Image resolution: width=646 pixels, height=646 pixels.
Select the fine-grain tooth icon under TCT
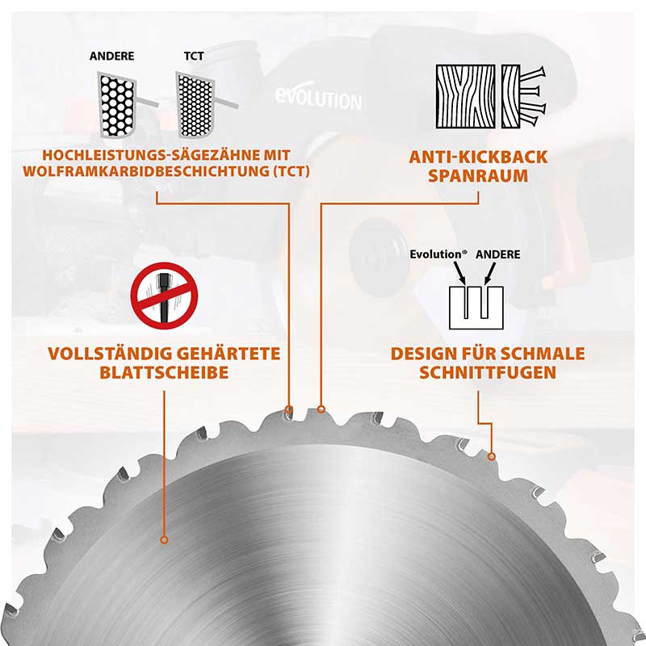[195, 103]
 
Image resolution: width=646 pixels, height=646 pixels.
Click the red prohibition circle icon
[165, 296]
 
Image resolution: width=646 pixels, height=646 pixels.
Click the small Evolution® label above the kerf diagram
[437, 254]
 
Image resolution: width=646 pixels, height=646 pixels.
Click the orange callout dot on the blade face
[165, 539]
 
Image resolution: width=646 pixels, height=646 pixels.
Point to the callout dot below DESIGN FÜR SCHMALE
[492, 456]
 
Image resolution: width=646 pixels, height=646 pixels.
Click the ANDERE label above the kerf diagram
[497, 254]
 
